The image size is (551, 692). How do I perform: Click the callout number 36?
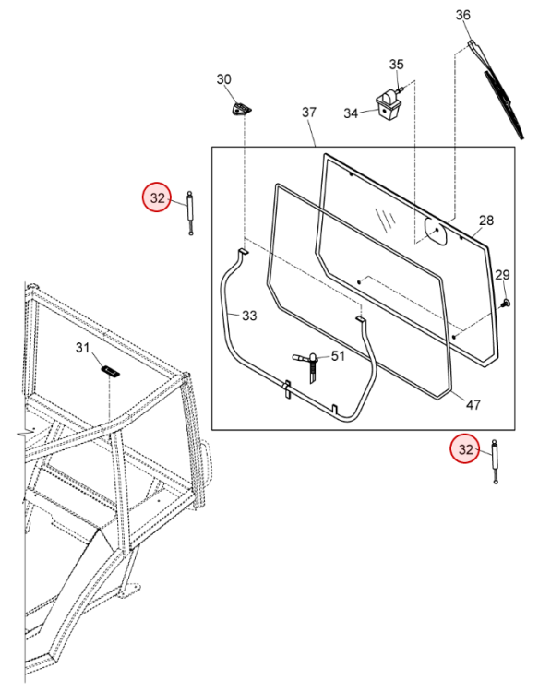(x=462, y=15)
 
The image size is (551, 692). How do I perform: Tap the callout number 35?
(x=396, y=65)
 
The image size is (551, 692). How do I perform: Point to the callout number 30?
(x=223, y=79)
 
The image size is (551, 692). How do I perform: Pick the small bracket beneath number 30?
(x=241, y=109)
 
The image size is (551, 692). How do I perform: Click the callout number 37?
(x=309, y=112)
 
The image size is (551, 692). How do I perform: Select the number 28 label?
(x=486, y=221)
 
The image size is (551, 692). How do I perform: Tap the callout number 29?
(x=502, y=275)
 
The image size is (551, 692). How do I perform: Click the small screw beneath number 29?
(x=506, y=303)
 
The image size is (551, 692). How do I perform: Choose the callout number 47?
(x=473, y=404)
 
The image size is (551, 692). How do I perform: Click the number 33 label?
(x=249, y=316)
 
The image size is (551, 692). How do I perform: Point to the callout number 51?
(x=338, y=356)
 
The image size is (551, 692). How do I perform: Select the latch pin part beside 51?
(x=309, y=367)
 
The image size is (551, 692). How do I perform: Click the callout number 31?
(x=82, y=348)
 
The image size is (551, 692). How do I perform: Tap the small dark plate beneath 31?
(x=111, y=371)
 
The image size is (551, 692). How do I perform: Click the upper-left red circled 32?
(x=157, y=197)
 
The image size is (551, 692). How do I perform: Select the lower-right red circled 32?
(x=465, y=449)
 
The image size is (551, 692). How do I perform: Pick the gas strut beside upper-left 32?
(x=190, y=213)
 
